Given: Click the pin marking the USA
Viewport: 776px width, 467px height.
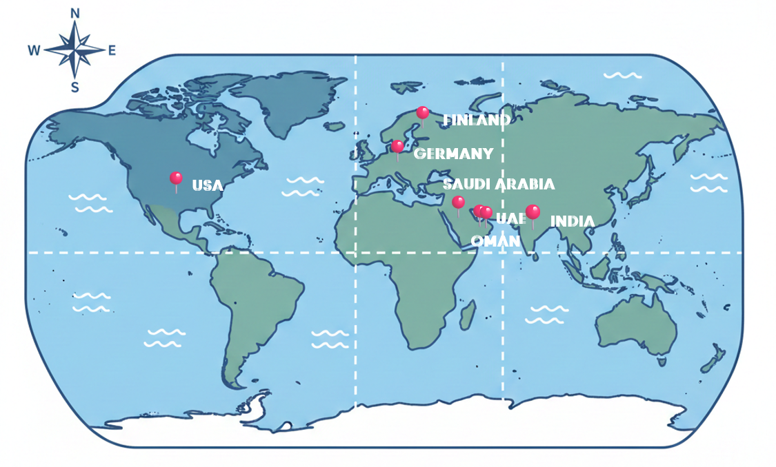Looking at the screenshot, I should coord(176,179).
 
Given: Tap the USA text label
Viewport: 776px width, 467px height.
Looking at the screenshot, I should coord(208,185).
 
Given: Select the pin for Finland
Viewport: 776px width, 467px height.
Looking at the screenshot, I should coord(423,113).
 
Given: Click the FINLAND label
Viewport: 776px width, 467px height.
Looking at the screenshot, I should coord(477,120).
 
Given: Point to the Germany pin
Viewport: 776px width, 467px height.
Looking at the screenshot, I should coord(397,147).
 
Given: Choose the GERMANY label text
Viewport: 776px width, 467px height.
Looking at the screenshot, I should coord(453,153).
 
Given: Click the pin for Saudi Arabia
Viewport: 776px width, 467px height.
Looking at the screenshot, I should coord(458,202).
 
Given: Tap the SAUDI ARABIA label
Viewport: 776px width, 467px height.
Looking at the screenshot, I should coord(498,184).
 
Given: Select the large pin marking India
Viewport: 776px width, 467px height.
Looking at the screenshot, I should coord(533,212).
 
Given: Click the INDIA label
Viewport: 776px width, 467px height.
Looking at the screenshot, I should coord(572,221).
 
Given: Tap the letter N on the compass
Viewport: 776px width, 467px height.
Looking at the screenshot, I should coord(75,13).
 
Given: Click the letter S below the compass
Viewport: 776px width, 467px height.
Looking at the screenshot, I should coord(75,87).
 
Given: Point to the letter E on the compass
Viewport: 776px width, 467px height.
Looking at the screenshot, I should coord(112,50).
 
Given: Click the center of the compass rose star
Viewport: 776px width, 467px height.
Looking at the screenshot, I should coord(74,50).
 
